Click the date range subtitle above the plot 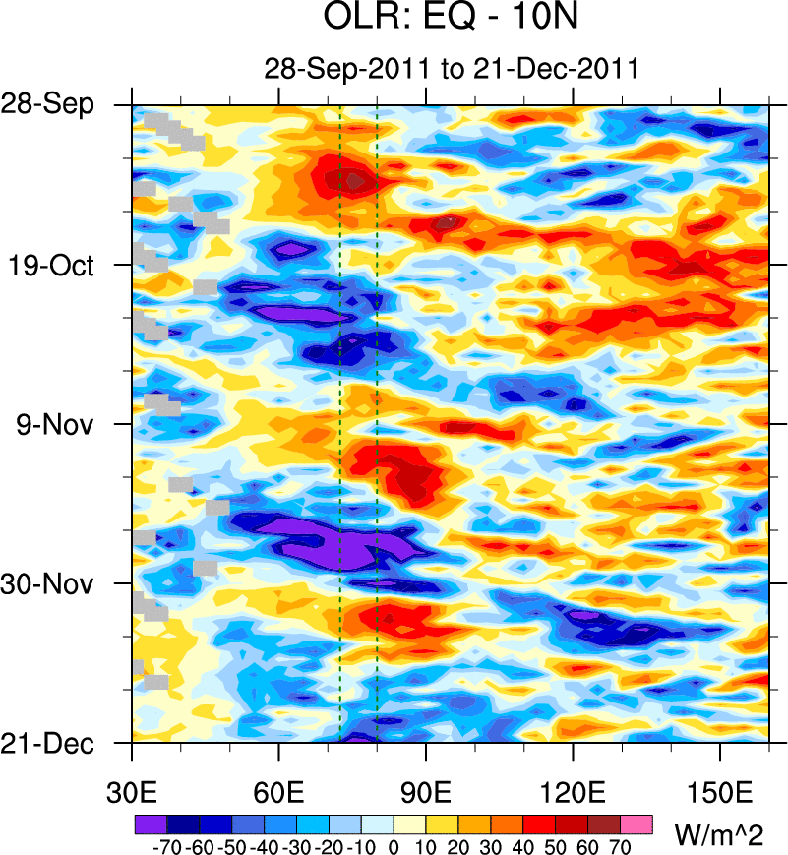(x=452, y=69)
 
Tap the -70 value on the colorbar (x=167, y=845)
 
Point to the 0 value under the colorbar (x=394, y=845)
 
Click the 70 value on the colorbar (x=621, y=845)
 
